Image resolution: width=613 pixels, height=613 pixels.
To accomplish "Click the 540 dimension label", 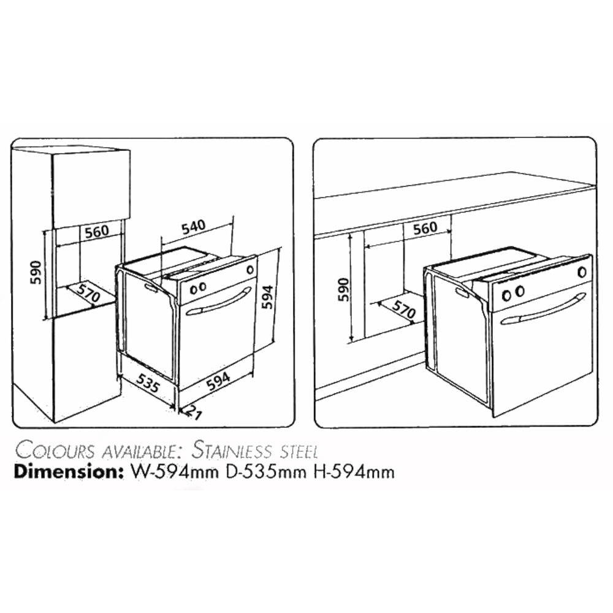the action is pos(194,227).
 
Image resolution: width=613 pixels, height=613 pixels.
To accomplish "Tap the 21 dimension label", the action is pos(193,412).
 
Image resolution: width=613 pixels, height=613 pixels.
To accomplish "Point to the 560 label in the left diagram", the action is pos(97,232).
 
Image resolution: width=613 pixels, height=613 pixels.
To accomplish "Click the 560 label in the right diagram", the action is pos(425,228).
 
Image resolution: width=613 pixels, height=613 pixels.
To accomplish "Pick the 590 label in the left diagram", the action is pos(36,273).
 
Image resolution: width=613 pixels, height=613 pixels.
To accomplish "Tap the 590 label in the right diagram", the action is pos(343,290).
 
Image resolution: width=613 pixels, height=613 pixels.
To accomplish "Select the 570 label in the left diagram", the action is pos(88,294).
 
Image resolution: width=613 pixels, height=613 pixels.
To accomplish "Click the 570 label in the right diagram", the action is pos(403,309).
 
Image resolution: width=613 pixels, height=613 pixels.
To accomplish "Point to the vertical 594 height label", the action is pos(267,296).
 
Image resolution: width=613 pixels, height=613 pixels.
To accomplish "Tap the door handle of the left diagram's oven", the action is pos(219,301).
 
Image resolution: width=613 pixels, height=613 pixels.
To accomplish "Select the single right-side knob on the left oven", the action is pos(250,269).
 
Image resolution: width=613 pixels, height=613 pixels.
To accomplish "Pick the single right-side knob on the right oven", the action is pos(582,272).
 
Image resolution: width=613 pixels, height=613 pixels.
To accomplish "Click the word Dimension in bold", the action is pos(66,472).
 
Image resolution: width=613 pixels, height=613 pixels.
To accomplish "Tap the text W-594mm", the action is pos(174,472).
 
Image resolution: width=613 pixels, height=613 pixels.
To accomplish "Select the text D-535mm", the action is pos(266,472).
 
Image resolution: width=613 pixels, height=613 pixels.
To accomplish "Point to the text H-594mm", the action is pos(354,472).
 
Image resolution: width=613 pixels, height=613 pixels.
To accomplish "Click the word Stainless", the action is pos(232,451).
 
